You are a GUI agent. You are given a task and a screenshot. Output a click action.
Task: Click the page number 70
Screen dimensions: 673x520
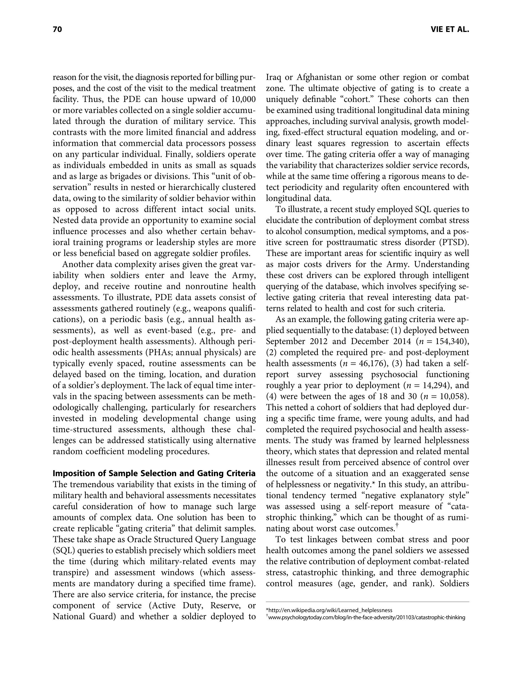tap(57, 29)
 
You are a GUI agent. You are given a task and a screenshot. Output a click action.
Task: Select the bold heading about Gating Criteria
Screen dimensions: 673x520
tap(154, 473)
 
